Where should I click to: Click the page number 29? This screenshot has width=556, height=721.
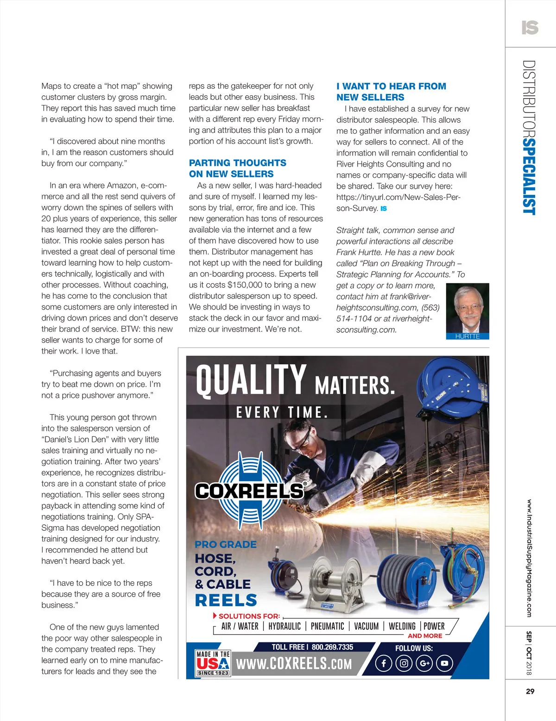tap(530, 691)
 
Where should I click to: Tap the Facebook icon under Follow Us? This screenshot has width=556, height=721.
tap(384, 664)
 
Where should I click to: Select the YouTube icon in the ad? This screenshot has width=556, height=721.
tap(444, 664)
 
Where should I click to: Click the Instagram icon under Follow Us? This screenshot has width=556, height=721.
tap(404, 664)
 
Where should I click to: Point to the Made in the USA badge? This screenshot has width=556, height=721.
tap(213, 663)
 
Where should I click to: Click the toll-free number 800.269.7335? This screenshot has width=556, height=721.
tap(332, 647)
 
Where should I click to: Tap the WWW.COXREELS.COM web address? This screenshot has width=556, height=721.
tap(294, 664)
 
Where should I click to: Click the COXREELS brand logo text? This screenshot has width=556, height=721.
tap(249, 491)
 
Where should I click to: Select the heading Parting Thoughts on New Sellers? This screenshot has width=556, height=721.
tap(237, 168)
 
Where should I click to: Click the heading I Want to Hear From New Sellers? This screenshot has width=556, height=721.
tap(391, 92)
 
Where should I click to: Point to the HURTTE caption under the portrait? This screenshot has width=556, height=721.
tap(468, 336)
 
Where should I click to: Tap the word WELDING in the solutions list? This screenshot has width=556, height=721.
tap(402, 626)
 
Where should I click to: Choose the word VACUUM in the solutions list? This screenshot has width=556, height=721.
tap(366, 626)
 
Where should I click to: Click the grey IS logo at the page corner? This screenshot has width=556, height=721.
tap(530, 28)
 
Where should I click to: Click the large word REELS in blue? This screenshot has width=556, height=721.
tap(226, 600)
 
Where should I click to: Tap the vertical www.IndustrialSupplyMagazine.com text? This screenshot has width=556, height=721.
tap(529, 558)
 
